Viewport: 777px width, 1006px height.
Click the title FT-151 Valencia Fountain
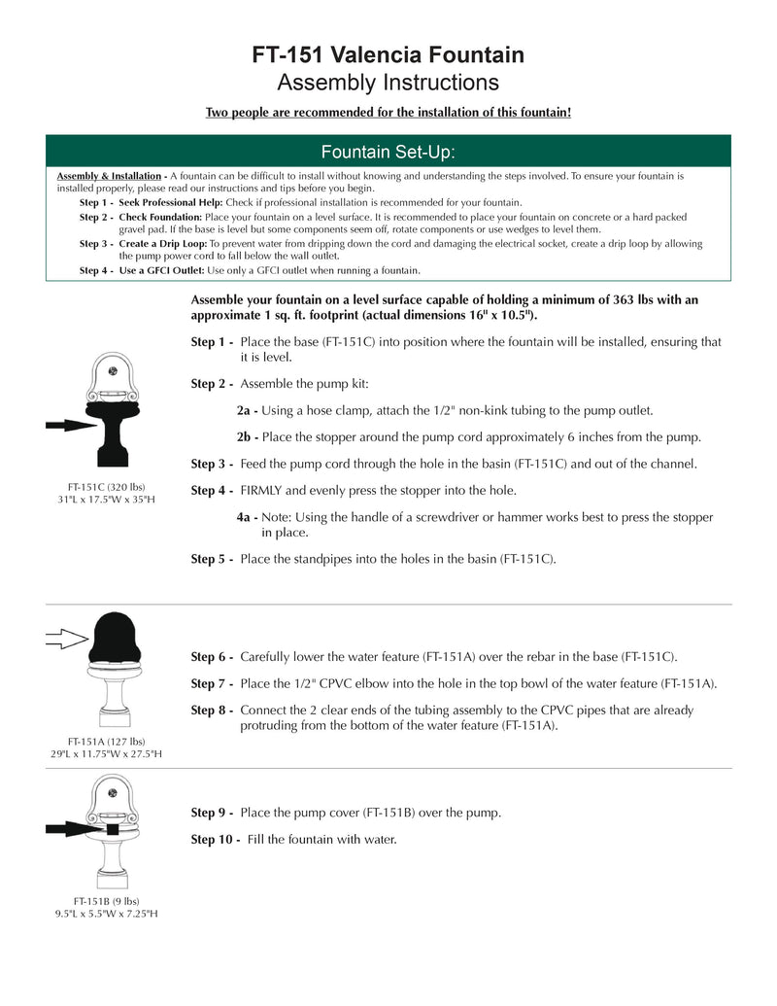tap(388, 55)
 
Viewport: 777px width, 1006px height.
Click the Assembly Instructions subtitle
tap(388, 83)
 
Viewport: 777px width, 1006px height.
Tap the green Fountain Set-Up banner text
tap(388, 152)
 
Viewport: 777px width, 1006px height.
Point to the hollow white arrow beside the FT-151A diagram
tap(67, 639)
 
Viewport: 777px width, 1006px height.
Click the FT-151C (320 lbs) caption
tap(106, 486)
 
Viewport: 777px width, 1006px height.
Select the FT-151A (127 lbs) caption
tap(106, 741)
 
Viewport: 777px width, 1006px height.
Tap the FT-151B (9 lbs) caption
tap(106, 901)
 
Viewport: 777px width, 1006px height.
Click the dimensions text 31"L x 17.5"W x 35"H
tap(106, 500)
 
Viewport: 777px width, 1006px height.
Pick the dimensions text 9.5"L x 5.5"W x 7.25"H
tap(106, 915)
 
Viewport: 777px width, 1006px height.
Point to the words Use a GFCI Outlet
tap(162, 270)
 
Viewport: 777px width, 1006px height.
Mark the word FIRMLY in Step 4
tap(262, 490)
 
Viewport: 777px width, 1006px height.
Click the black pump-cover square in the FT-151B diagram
tap(113, 829)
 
